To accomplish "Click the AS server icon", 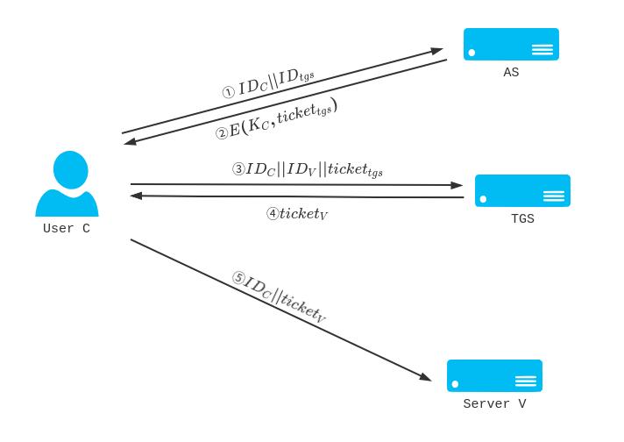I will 511,44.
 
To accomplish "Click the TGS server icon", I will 522,190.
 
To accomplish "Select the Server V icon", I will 494,375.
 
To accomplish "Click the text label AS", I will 511,73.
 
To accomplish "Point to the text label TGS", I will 522,219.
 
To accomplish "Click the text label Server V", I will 494,404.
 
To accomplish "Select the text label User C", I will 67,229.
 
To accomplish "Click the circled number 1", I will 228,91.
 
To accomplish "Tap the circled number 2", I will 222,134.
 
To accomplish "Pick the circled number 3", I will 238,169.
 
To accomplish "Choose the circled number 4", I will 272,213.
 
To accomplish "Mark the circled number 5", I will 238,278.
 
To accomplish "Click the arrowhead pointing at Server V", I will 425,377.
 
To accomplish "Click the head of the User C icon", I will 67,168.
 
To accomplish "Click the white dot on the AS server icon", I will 472,53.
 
